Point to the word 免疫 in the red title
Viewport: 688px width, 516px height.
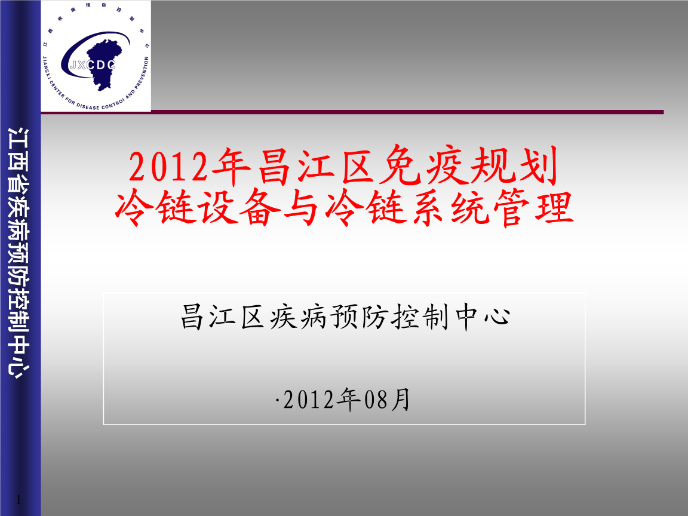coord(421,168)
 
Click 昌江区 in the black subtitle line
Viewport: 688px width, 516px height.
coord(222,316)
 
